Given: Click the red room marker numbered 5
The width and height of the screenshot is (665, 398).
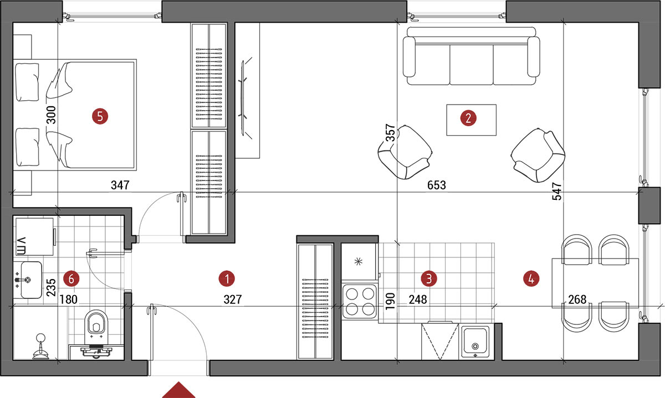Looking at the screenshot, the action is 100,116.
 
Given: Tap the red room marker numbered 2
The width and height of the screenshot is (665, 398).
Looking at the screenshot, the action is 468,118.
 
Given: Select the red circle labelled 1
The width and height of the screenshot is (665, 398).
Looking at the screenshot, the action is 227,279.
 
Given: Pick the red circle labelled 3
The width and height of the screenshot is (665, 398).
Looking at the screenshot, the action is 429,279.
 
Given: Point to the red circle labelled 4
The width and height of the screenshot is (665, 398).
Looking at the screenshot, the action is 531,279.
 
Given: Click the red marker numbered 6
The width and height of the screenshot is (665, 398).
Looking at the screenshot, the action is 71,279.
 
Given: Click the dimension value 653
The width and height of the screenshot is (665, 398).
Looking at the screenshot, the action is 437,185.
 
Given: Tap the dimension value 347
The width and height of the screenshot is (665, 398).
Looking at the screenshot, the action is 120,185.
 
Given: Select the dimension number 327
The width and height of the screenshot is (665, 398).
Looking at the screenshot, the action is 233,299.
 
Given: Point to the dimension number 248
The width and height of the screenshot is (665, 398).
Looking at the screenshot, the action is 418,299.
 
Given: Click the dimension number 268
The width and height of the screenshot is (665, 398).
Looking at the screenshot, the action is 577,299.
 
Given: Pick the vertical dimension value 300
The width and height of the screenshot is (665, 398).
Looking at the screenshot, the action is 51,115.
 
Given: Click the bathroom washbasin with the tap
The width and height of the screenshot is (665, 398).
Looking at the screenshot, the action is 28,280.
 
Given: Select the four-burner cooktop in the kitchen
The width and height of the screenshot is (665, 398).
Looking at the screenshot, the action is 360,301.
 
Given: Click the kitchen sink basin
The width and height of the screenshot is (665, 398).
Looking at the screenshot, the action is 475,341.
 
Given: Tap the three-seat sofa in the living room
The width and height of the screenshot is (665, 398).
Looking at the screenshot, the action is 472,56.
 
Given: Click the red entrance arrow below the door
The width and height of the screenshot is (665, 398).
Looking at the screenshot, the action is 178,390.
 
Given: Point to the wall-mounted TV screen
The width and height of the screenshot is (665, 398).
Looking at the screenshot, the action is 243,98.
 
